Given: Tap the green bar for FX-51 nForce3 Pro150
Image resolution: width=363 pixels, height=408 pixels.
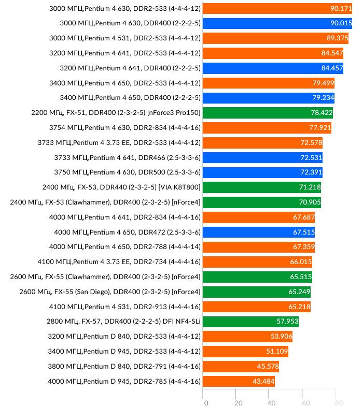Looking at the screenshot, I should pyautogui.click(x=268, y=113).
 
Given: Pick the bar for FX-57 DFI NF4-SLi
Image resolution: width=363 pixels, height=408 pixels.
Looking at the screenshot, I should pyautogui.click(x=250, y=322).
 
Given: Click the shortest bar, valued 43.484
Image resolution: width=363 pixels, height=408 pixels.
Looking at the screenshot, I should pyautogui.click(x=239, y=382).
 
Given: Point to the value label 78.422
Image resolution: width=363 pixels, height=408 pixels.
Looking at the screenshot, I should pyautogui.click(x=320, y=113).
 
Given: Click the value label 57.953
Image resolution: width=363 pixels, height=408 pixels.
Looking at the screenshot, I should pyautogui.click(x=287, y=322).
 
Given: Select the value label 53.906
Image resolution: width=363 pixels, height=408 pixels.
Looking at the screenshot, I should pyautogui.click(x=281, y=337).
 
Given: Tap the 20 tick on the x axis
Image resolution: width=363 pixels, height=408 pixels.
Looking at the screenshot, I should pyautogui.click(x=239, y=403).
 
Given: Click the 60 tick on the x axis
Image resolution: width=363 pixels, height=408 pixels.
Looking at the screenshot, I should pyautogui.click(x=305, y=403).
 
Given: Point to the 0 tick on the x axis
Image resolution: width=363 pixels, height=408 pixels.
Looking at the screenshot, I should pyautogui.click(x=206, y=403).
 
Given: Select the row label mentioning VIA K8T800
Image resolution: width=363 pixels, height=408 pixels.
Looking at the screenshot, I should pyautogui.click(x=121, y=187).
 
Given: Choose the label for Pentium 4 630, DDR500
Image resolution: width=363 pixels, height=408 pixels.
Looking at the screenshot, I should pyautogui.click(x=127, y=172).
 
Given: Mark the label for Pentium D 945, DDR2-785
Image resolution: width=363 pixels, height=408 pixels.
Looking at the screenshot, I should pyautogui.click(x=124, y=382).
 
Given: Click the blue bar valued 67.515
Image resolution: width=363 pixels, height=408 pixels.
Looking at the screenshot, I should pyautogui.click(x=258, y=232).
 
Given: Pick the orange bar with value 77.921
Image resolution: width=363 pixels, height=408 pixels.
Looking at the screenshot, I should pyautogui.click(x=267, y=128).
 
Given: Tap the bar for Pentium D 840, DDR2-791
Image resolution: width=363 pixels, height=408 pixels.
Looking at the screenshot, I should pyautogui.click(x=241, y=367).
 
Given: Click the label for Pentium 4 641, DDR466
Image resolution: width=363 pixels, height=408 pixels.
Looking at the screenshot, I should pyautogui.click(x=127, y=157).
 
